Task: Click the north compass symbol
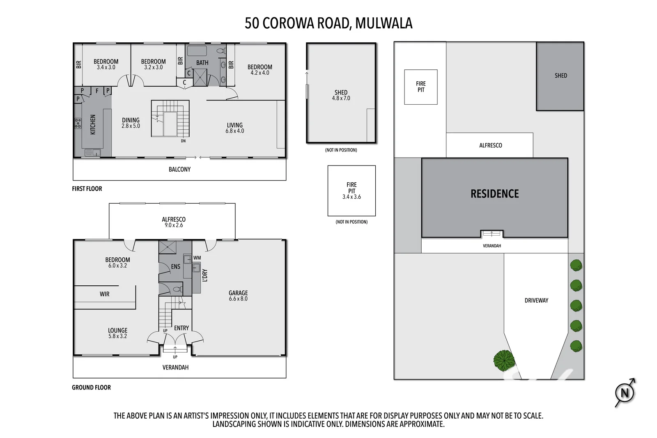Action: (x=625, y=393)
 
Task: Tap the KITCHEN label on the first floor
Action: (x=93, y=124)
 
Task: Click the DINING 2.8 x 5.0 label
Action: (x=131, y=123)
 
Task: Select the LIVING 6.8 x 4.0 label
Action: (x=234, y=128)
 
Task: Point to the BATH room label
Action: (x=202, y=63)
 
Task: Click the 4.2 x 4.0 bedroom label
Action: (x=260, y=70)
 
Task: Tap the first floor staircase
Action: (x=170, y=119)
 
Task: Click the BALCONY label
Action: (x=179, y=169)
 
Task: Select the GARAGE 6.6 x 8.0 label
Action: (x=238, y=296)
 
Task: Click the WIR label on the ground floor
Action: (x=104, y=294)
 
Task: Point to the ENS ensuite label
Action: (x=175, y=266)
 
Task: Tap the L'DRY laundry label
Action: (x=205, y=275)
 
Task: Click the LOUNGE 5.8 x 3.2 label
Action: (x=117, y=333)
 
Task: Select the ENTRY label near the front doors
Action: (x=181, y=328)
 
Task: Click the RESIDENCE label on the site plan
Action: (x=494, y=194)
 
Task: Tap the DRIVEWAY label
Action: (x=536, y=300)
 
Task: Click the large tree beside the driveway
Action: (x=504, y=360)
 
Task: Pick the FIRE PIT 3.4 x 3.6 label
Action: (x=351, y=190)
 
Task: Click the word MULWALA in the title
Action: (x=384, y=23)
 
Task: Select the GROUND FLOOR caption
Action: (x=91, y=388)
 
